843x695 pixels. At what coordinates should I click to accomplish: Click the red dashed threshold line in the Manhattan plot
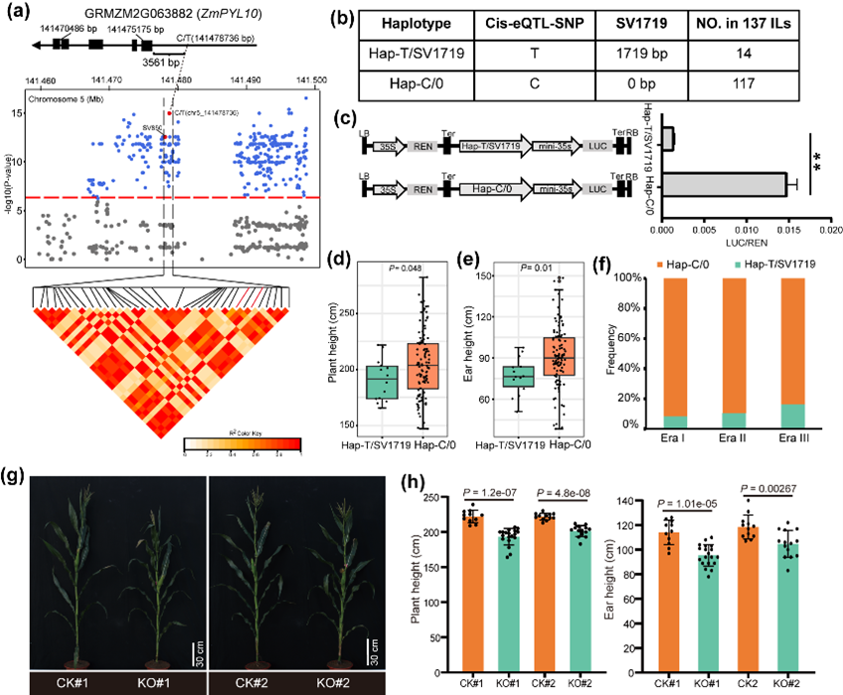pos(119,198)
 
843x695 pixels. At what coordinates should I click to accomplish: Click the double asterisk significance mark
pos(817,157)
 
